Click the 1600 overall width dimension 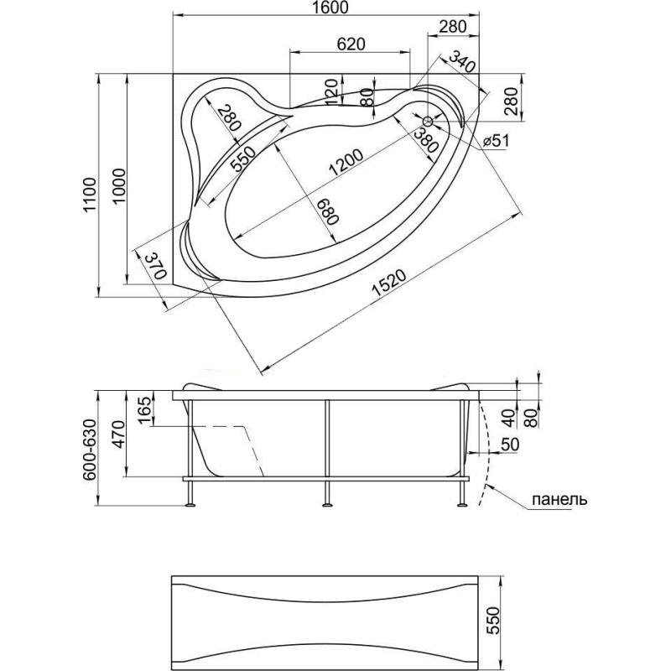pos(330,8)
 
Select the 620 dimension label pos(351,44)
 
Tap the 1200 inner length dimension pos(346,162)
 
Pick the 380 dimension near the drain pos(426,141)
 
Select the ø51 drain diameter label pos(496,140)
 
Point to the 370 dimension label pos(155,265)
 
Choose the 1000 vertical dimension pos(120,186)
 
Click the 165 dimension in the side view pos(144,410)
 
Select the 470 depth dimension pos(118,434)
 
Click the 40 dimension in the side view pos(508,418)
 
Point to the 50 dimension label pos(509,445)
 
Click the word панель pos(559,499)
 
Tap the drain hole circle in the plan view pos(428,121)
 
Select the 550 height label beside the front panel pos(493,621)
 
